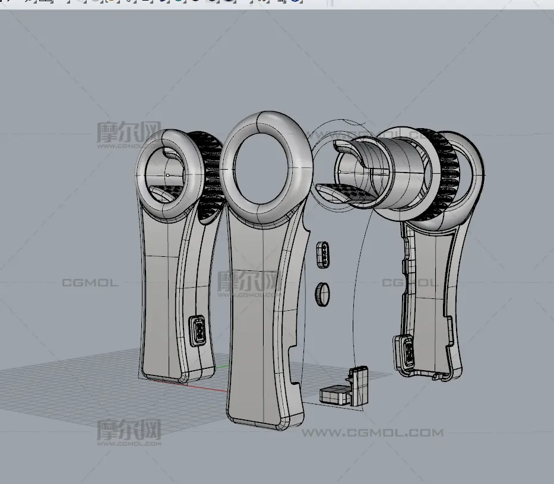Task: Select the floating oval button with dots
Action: pos(324,254)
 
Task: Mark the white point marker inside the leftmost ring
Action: pos(167,175)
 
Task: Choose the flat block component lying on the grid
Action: pos(336,396)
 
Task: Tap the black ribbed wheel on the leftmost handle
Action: pos(211,172)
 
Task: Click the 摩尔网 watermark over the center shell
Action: pos(248,280)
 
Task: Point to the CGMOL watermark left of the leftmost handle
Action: pos(90,283)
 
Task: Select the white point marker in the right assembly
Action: pos(339,171)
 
